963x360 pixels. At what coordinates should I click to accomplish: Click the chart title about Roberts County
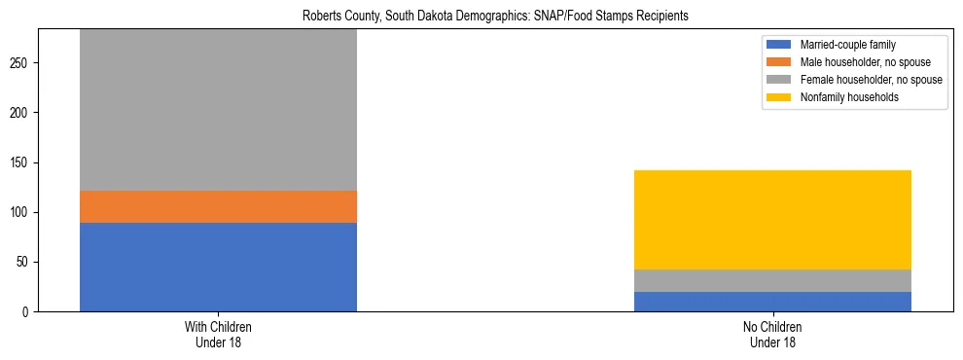click(x=481, y=16)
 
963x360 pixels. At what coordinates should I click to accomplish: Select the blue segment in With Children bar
click(x=218, y=267)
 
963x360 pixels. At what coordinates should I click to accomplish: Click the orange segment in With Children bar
click(x=218, y=206)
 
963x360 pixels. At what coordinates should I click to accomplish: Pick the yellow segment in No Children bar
click(x=772, y=220)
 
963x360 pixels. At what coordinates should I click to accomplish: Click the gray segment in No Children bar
click(x=772, y=280)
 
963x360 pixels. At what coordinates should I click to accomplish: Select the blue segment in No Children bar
click(x=772, y=302)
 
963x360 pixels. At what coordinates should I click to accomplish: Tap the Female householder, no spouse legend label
click(x=871, y=80)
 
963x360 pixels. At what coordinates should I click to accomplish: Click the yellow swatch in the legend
click(x=779, y=97)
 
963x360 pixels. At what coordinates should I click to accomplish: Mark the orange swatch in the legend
click(x=779, y=62)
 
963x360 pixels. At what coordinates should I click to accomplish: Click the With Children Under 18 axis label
click(x=218, y=335)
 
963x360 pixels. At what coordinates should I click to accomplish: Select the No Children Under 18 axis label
click(x=772, y=335)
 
